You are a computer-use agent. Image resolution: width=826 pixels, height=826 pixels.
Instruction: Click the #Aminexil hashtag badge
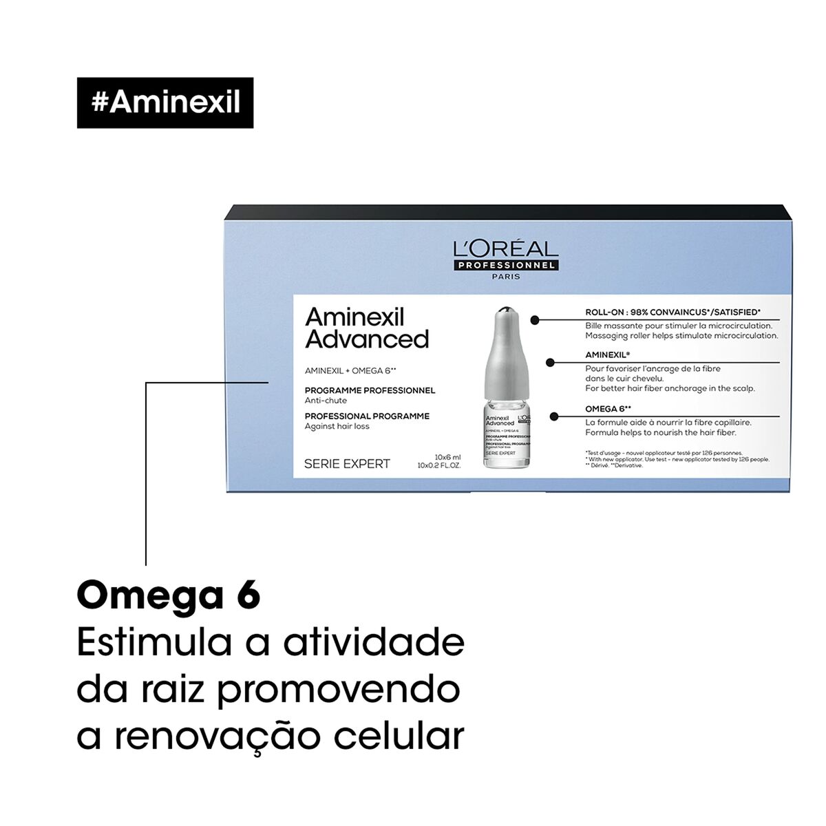(x=165, y=103)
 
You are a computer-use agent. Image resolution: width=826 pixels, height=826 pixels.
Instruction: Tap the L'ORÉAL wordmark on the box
(x=505, y=248)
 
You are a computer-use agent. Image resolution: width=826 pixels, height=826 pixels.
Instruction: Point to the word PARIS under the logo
(x=506, y=277)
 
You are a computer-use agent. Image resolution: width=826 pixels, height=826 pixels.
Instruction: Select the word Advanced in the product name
(x=367, y=339)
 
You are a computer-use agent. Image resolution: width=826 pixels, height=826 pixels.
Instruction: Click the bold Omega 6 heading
(x=169, y=595)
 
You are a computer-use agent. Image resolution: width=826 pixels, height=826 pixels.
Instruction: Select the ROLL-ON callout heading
(x=673, y=313)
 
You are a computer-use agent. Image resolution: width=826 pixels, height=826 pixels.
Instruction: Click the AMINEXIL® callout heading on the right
(x=608, y=354)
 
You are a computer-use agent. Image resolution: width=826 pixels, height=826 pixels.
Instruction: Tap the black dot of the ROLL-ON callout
(x=535, y=320)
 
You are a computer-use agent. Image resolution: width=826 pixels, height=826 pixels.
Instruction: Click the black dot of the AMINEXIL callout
(x=550, y=362)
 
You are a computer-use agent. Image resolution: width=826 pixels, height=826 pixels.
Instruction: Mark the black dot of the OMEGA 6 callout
(x=554, y=416)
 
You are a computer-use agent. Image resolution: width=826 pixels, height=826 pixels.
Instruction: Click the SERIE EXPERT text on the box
(x=347, y=464)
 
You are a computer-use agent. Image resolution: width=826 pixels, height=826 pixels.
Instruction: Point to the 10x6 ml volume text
(x=447, y=457)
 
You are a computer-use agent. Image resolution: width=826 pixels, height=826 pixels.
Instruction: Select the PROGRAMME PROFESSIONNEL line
(x=370, y=390)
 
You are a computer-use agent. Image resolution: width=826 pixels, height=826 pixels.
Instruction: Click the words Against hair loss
(x=337, y=426)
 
